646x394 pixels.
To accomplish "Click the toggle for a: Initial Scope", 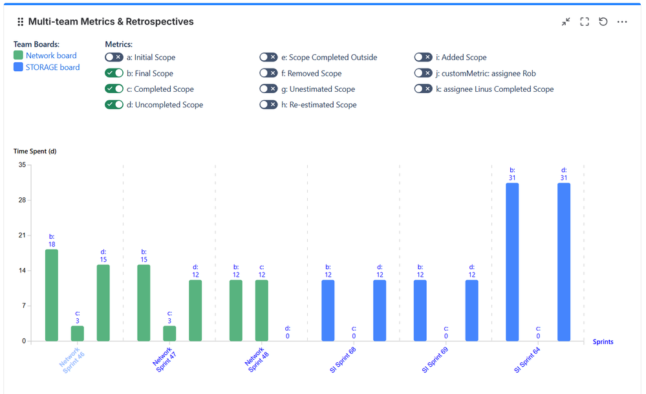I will [114, 58].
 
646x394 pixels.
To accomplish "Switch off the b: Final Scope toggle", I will [114, 73].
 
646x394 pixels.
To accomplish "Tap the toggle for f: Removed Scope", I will [268, 73].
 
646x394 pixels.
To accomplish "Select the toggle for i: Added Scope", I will [423, 58].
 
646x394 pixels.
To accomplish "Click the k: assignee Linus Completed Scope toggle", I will [423, 89].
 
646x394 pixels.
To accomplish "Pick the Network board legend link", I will [51, 56].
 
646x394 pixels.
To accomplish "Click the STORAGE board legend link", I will [52, 67].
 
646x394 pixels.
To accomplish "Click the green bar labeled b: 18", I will [52, 295].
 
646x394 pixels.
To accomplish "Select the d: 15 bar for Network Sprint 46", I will [103, 302].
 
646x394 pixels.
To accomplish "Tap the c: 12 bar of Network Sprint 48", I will [262, 310].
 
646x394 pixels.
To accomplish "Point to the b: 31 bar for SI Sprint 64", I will [512, 261].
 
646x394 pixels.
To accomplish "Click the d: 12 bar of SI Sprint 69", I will [472, 310].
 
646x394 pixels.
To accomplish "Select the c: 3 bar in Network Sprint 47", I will [169, 333].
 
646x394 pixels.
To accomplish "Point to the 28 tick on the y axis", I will [22, 200].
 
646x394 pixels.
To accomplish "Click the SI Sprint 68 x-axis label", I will [343, 360].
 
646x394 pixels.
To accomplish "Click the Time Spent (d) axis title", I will [35, 151].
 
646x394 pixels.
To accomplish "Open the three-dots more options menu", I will [622, 22].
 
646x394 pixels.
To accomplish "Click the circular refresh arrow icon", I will [603, 22].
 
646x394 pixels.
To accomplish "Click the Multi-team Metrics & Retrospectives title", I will [111, 22].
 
